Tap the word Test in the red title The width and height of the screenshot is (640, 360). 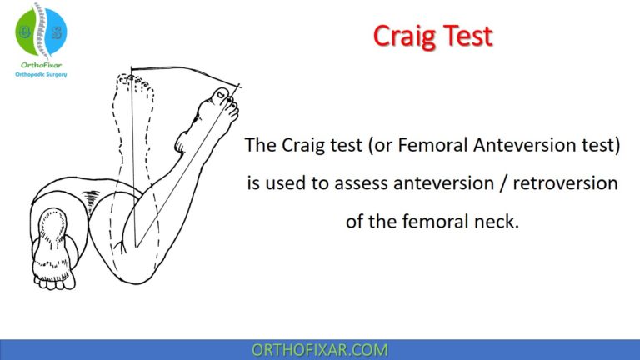point(467,36)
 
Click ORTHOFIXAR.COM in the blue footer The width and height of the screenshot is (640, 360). point(319,349)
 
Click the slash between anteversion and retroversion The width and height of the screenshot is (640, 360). point(497,183)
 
